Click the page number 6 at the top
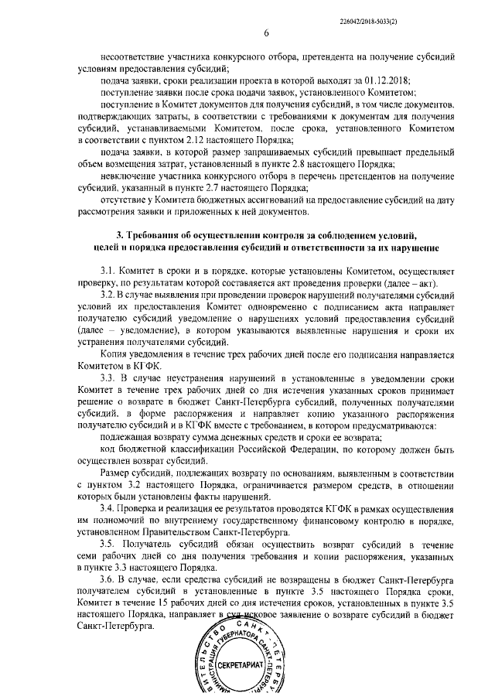pos(265,33)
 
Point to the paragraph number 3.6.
pos(109,579)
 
